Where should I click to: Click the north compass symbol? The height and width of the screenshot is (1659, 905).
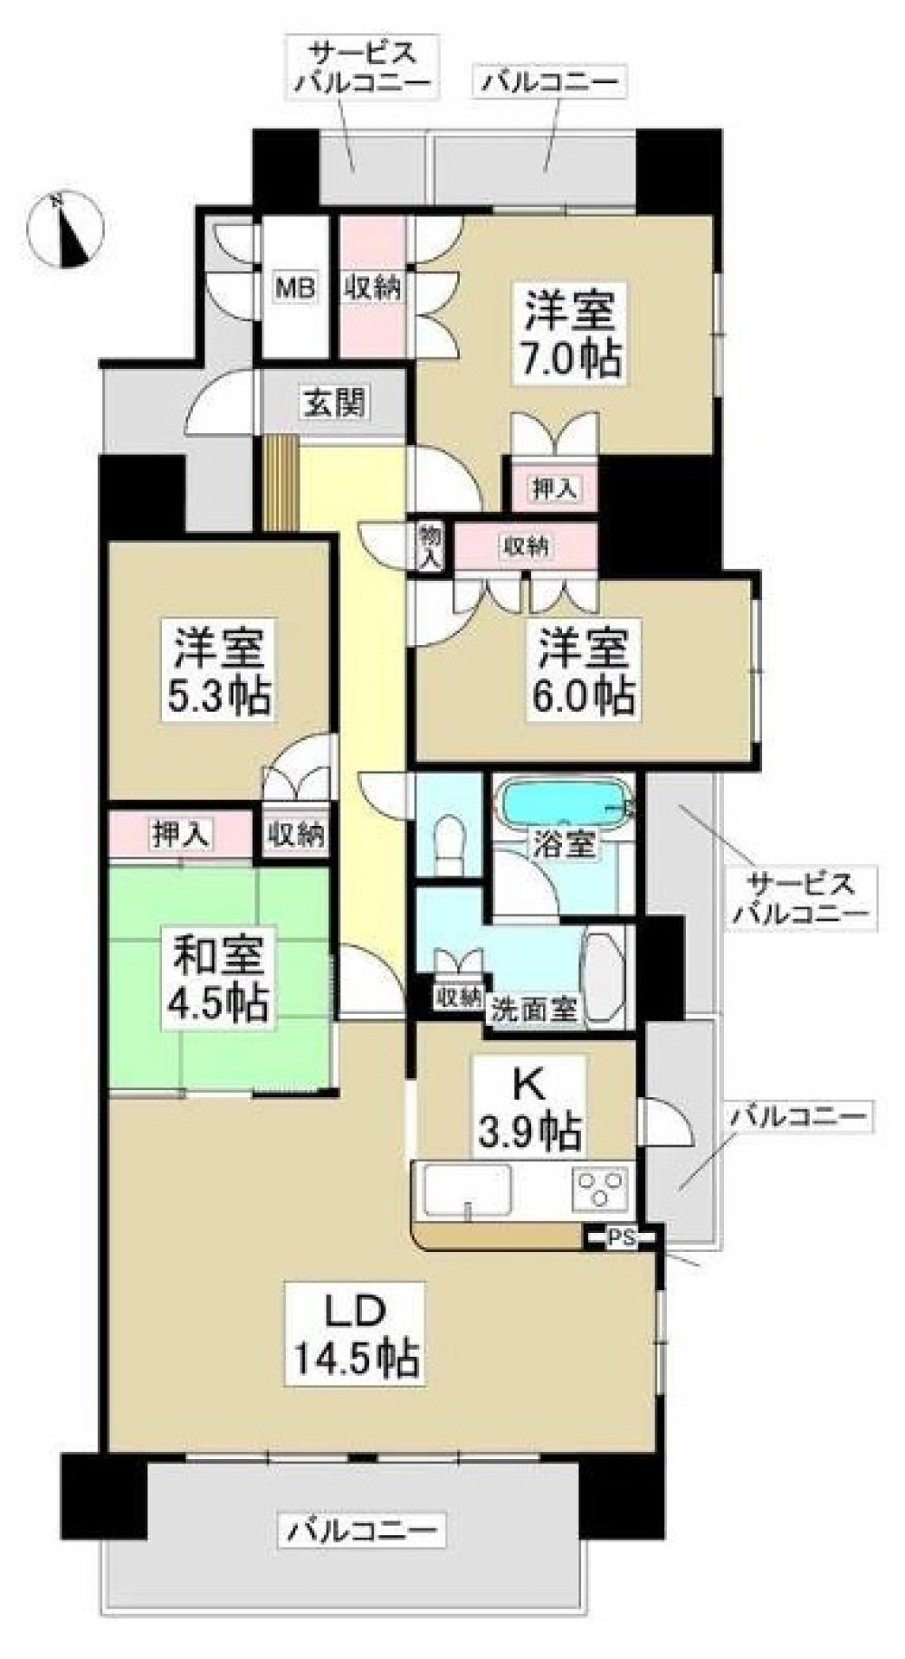(x=65, y=230)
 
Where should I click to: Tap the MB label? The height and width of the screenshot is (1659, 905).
(x=296, y=289)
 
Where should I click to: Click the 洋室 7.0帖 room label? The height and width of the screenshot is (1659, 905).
(x=569, y=332)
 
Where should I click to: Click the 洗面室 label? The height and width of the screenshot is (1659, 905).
(x=535, y=1008)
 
